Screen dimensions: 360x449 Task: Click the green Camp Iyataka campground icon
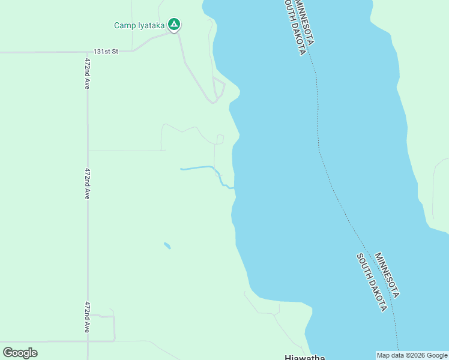[174, 25]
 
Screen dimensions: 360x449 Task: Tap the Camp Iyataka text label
[139, 25]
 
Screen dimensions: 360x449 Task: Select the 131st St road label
[106, 52]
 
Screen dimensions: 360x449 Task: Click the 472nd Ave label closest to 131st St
[88, 74]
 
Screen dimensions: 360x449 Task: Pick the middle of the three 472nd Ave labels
[88, 184]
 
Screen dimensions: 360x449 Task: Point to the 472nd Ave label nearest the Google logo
[88, 317]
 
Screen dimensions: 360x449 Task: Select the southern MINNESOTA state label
[388, 275]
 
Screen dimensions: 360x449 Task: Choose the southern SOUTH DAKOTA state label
[372, 282]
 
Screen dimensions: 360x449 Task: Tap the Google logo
[20, 353]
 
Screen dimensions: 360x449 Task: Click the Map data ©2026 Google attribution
[412, 355]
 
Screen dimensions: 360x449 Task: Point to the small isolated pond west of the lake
[167, 245]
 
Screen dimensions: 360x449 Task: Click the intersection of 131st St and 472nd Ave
[88, 52]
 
